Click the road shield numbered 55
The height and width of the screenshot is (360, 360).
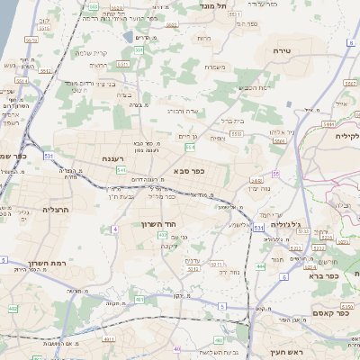pos(275,173)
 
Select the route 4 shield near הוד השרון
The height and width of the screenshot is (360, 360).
pos(115,229)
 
